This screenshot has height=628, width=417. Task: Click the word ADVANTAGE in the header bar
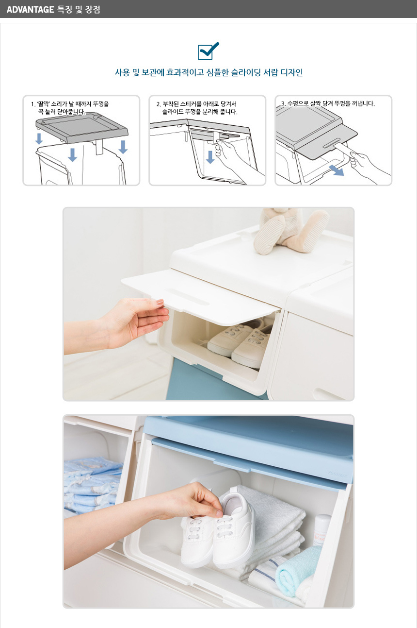pos(30,10)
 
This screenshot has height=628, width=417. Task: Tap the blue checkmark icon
pos(208,51)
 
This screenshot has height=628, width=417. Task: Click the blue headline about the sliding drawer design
pos(209,73)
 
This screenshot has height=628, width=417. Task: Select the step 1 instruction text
pos(70,108)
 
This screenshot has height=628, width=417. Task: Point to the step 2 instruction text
pos(197,108)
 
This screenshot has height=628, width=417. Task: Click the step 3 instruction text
pos(328,104)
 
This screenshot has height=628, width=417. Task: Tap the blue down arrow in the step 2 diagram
pos(210,157)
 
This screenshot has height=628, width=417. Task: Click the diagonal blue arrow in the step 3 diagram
pos(336,170)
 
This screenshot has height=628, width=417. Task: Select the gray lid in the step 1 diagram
pos(82,128)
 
